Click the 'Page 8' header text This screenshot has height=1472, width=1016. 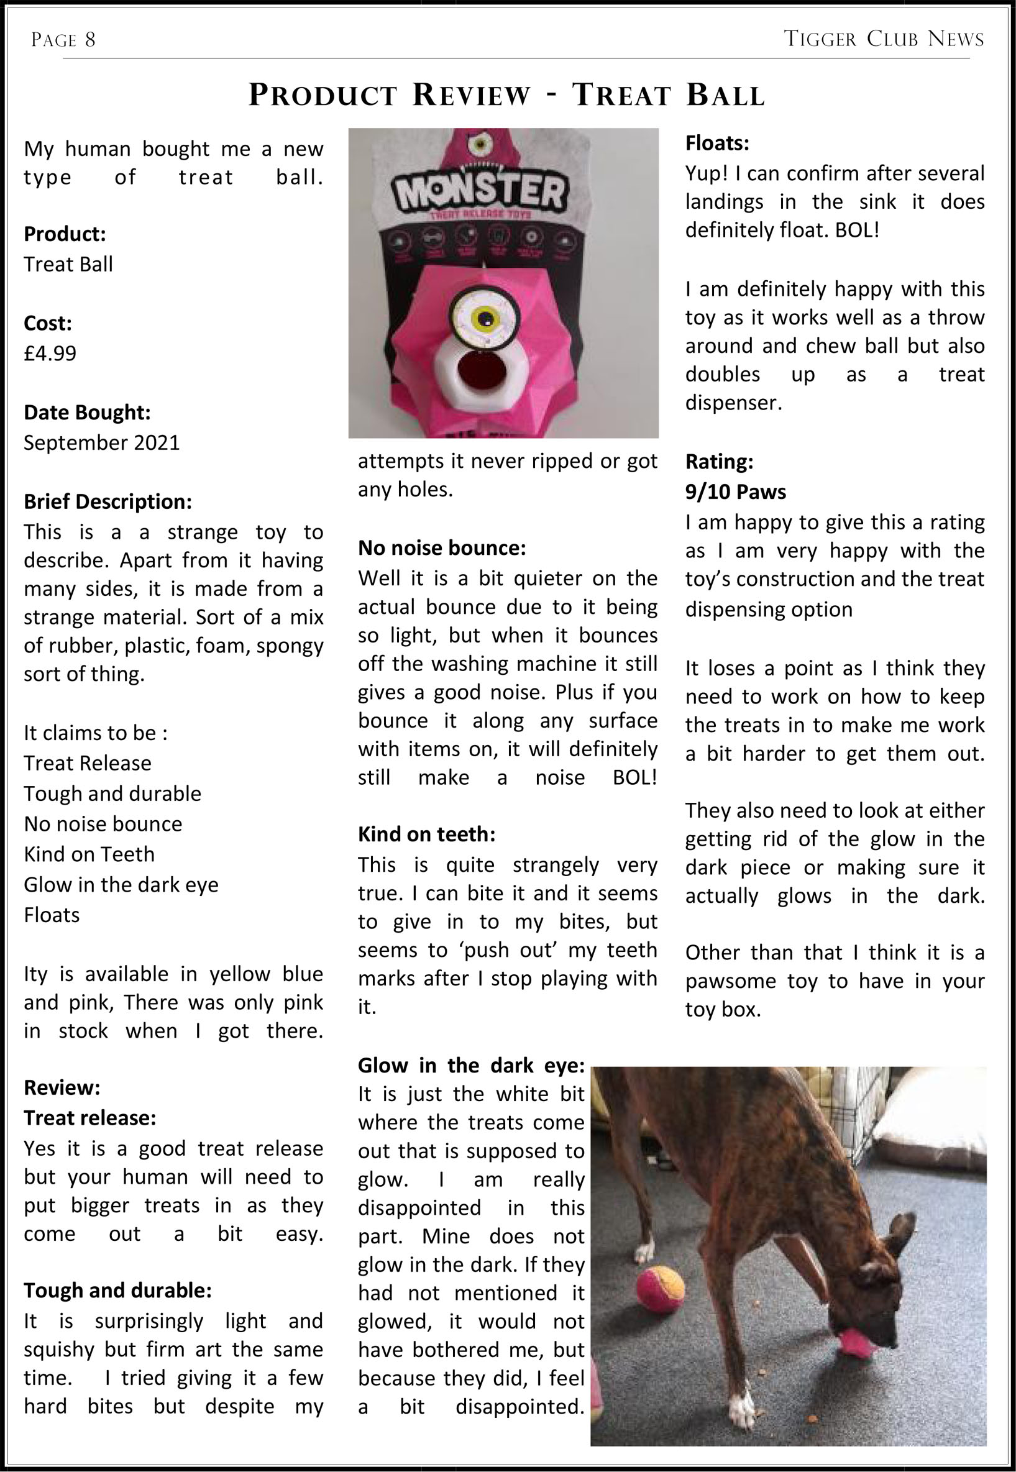click(63, 40)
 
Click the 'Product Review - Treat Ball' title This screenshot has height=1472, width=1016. click(506, 95)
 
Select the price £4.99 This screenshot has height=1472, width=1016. click(50, 353)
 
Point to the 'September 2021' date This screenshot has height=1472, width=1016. click(102, 442)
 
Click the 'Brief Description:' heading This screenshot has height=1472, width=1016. click(108, 501)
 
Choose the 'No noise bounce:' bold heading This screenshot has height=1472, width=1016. click(442, 548)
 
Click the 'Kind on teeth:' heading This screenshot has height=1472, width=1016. click(426, 834)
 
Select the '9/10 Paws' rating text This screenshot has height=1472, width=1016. click(735, 491)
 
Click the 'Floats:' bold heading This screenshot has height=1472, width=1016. click(717, 143)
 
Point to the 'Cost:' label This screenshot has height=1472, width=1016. click(48, 323)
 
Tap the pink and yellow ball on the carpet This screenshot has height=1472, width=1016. click(659, 1289)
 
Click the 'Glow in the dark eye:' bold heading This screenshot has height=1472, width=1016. click(470, 1066)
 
